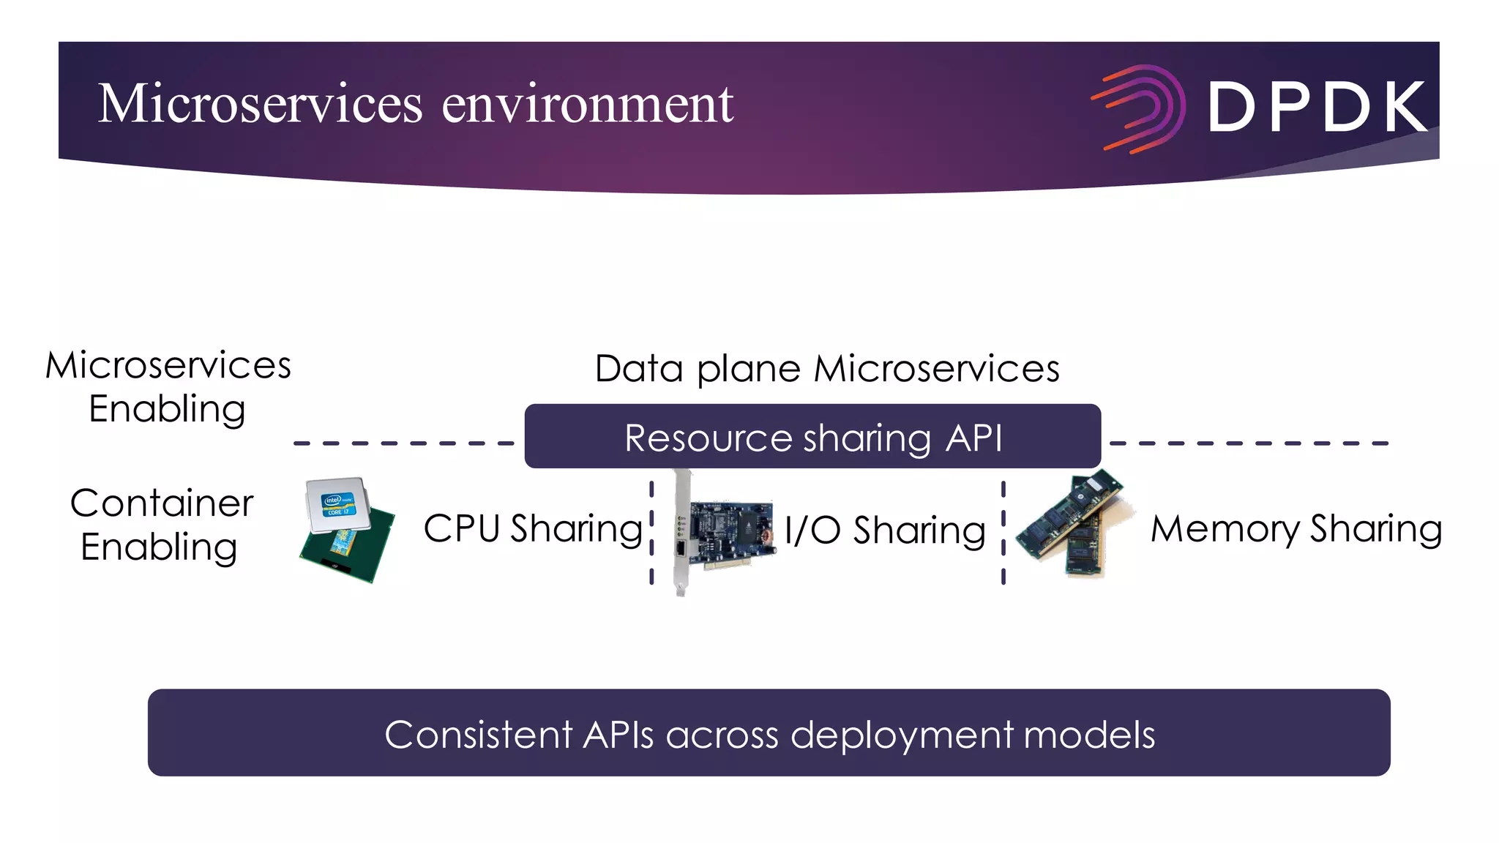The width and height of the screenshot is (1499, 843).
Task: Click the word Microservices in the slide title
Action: pos(260,104)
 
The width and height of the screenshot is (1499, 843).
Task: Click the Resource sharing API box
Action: pos(812,437)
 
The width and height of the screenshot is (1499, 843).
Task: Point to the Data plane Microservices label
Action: pos(827,368)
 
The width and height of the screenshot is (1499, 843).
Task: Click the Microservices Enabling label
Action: pos(168,386)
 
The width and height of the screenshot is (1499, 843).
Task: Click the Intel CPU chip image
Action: pos(347,529)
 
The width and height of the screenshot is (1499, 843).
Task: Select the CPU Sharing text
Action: pos(533,528)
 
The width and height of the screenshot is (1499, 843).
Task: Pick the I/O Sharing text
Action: pos(885,530)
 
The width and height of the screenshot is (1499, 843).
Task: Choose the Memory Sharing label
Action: pos(1296,528)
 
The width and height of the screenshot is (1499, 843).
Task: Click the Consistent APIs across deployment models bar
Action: pos(769,733)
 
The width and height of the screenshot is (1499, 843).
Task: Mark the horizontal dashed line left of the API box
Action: pos(403,443)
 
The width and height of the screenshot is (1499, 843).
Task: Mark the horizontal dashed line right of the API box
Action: pos(1248,443)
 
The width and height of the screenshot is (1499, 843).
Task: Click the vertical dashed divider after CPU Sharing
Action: pos(651,533)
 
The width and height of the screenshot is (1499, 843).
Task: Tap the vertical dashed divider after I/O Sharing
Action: pos(1003,533)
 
